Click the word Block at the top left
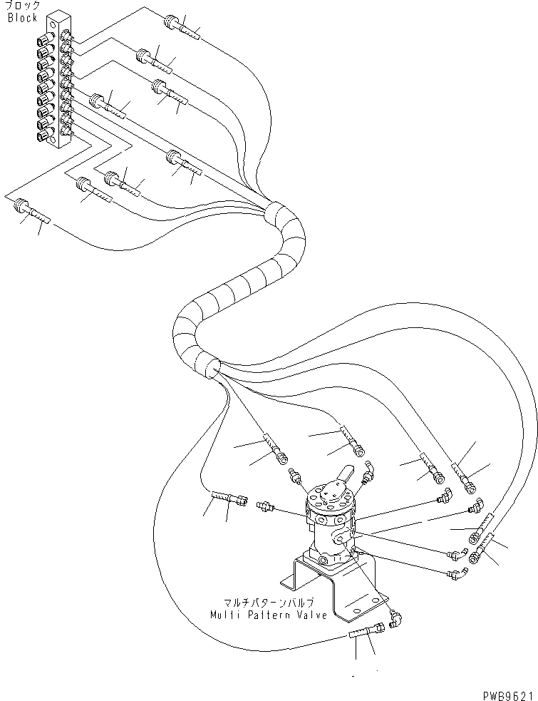pos(22,18)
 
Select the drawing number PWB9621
pos(506,694)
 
